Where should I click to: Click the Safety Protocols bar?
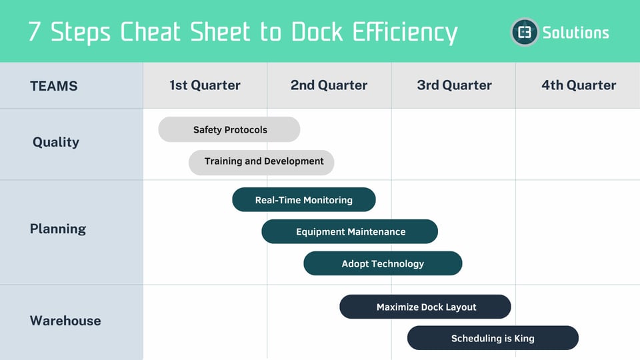coord(229,129)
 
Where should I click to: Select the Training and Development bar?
coord(261,162)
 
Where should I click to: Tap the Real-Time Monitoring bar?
coord(303,199)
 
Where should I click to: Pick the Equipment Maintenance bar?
coord(349,231)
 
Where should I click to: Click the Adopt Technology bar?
coord(383,263)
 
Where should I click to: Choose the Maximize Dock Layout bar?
coord(425,307)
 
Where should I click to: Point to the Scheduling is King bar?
coord(493,338)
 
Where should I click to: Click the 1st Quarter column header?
coord(205,85)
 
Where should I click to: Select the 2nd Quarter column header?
coord(329,85)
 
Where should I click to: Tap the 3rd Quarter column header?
coord(454,85)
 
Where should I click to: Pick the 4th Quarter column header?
coord(578,85)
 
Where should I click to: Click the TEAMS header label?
coord(54,86)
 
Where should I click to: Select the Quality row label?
coord(56,142)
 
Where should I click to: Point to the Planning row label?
coord(58,229)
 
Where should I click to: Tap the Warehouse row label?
coord(65,321)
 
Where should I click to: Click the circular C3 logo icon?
coord(525,32)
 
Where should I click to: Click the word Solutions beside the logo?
coord(575,32)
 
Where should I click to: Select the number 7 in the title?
coord(35,32)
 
